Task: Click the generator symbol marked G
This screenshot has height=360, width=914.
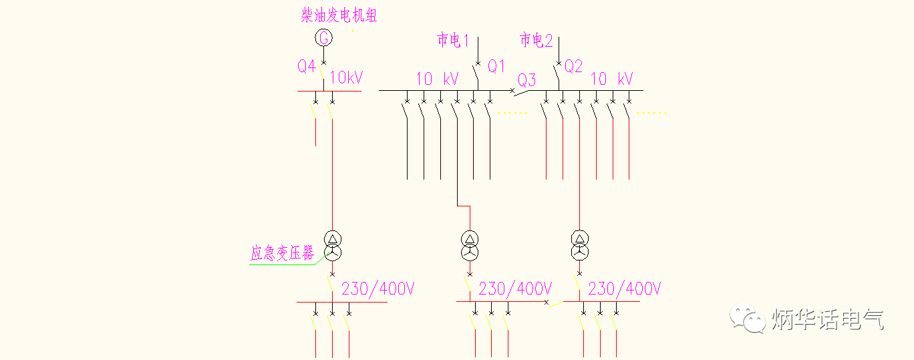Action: (x=323, y=38)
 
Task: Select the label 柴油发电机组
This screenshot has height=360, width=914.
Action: (x=339, y=15)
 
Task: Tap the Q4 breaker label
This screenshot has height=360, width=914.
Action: (x=307, y=66)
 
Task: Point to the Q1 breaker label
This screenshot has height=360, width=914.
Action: (x=496, y=66)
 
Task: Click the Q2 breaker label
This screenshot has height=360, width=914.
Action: (x=573, y=66)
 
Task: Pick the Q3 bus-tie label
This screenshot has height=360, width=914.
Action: (x=527, y=81)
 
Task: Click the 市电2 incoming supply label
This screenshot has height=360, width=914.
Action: (x=537, y=41)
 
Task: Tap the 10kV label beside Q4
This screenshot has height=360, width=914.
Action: (x=346, y=77)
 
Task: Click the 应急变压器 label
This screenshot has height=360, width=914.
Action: (x=282, y=254)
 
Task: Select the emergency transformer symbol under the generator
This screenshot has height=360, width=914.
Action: (x=332, y=246)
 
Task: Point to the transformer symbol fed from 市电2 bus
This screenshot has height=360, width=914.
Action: (x=579, y=246)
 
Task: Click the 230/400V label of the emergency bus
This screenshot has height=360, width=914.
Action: (x=378, y=289)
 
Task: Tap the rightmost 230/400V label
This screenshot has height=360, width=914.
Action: (x=625, y=289)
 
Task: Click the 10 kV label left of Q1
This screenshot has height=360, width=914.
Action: (x=438, y=79)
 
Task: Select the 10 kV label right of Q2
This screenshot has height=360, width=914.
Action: (x=611, y=79)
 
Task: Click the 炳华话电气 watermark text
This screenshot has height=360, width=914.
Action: (x=828, y=319)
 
